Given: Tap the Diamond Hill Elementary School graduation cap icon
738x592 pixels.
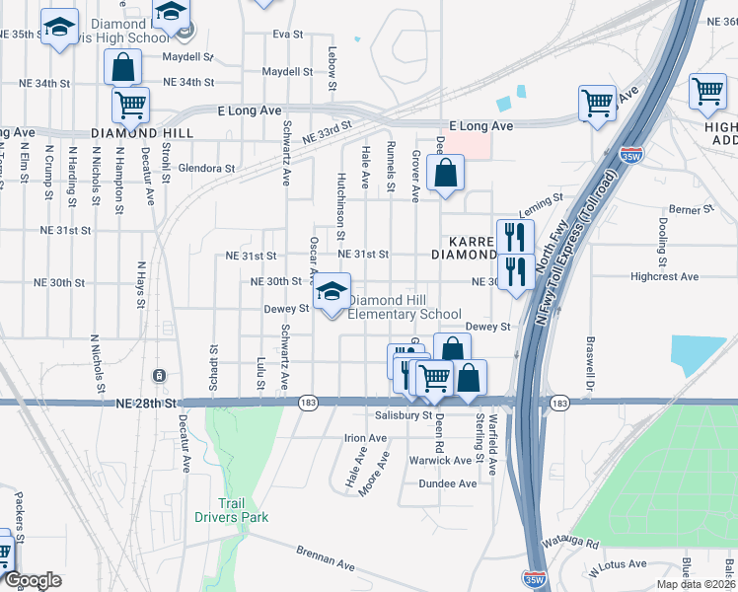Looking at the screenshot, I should [x=332, y=292].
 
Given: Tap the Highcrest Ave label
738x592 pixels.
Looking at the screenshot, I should [x=665, y=277].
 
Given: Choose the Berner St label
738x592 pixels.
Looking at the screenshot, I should [x=690, y=210].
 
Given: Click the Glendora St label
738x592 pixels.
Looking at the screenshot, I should [x=207, y=168].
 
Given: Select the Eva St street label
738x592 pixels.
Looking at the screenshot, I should [x=287, y=34].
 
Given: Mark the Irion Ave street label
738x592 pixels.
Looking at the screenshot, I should [x=365, y=437].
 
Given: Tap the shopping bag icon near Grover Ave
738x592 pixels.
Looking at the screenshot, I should [x=445, y=174].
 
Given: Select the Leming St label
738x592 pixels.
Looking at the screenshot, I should [x=540, y=201].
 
